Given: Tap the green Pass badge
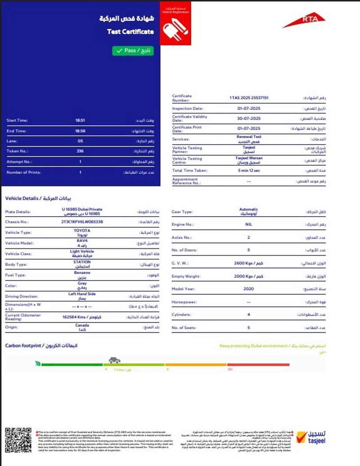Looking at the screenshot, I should (133, 51).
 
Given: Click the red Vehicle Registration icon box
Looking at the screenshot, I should (175, 23).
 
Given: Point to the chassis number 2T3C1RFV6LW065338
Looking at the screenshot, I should (82, 222).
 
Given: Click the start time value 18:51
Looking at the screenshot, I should (81, 120).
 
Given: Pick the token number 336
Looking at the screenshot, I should (81, 151).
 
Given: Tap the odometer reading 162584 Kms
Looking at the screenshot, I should (82, 317).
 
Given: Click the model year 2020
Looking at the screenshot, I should (248, 289).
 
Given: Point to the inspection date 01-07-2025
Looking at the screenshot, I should (249, 109).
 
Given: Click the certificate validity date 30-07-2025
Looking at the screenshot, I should (249, 118).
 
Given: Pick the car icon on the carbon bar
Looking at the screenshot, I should (114, 360).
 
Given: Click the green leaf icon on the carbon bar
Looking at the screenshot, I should (39, 363).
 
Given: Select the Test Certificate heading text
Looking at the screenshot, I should (130, 32).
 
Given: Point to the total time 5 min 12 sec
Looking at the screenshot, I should (249, 171).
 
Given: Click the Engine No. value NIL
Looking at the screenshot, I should (248, 224).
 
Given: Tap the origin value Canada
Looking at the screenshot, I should (82, 326).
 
